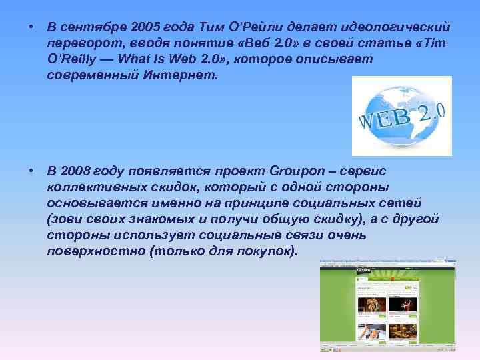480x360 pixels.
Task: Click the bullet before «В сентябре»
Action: [31, 27]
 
